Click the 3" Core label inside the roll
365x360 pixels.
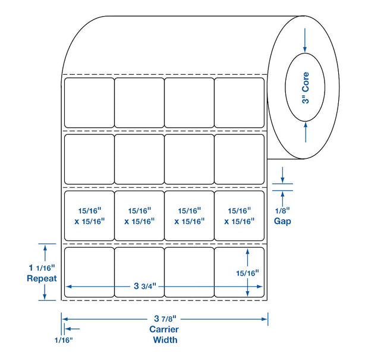pyautogui.click(x=306, y=88)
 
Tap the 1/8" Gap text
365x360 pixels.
pyautogui.click(x=282, y=216)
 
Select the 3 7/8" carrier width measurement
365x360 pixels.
pyautogui.click(x=165, y=318)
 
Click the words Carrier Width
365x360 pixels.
pyautogui.click(x=164, y=334)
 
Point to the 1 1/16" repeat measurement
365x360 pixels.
pyautogui.click(x=42, y=268)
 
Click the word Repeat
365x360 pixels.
pyautogui.click(x=42, y=279)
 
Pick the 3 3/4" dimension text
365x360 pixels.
pyautogui.click(x=145, y=286)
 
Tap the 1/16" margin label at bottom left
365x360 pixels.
pyautogui.click(x=64, y=340)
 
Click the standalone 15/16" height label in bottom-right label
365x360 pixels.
pyautogui.click(x=247, y=273)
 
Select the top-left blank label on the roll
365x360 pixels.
pyautogui.click(x=89, y=103)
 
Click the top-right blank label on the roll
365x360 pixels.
pyautogui.click(x=240, y=103)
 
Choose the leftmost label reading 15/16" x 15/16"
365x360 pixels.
pyautogui.click(x=89, y=216)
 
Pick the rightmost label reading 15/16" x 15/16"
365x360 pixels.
pyautogui.click(x=240, y=216)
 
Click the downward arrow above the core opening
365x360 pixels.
pyautogui.click(x=305, y=40)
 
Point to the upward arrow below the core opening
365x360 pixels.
pyautogui.click(x=306, y=132)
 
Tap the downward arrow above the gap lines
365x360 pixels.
pyautogui.click(x=282, y=175)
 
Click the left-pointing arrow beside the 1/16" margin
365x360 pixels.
pyautogui.click(x=73, y=329)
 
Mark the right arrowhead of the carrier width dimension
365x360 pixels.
pyautogui.click(x=265, y=319)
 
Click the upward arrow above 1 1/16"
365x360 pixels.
pyautogui.click(x=45, y=253)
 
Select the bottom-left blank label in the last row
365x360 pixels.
pyautogui.click(x=89, y=272)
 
